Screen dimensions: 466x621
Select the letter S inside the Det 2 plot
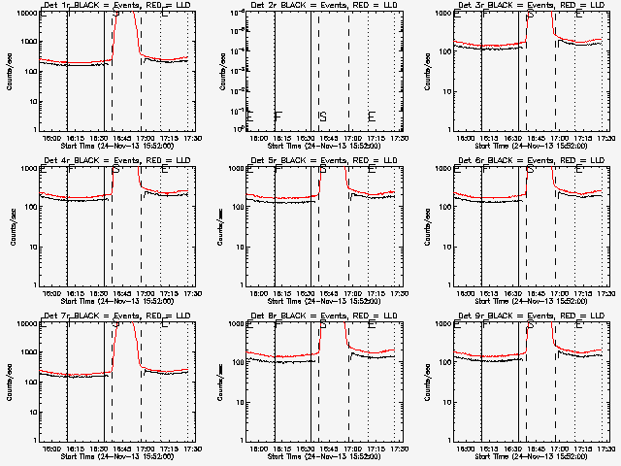pos(322,116)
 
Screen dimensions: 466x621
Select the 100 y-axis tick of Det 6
pos(442,207)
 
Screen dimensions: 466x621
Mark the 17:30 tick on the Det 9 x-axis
pos(607,449)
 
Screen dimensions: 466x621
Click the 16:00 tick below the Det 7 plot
pos(51,449)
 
